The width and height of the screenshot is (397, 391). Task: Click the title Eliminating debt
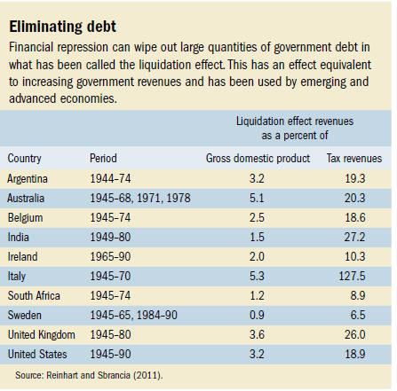(63, 27)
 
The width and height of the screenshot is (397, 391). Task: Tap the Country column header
(24, 159)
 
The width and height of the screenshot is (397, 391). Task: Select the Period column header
(103, 158)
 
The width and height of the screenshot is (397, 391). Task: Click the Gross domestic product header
(258, 159)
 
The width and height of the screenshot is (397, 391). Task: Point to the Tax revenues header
(354, 159)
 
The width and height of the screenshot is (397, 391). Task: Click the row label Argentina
(28, 179)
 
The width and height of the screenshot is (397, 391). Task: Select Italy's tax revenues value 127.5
(353, 276)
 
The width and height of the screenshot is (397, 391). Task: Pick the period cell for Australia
(140, 198)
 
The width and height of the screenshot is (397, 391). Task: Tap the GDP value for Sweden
(257, 315)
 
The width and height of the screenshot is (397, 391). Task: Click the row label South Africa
(34, 295)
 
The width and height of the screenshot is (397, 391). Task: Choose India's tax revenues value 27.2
(354, 237)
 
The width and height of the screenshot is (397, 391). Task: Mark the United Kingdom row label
(42, 335)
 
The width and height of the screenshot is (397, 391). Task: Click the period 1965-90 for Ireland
(110, 256)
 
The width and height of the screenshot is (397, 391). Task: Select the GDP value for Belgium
(257, 217)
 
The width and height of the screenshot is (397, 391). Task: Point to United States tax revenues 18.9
(355, 354)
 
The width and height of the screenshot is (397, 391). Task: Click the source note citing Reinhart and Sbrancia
(89, 375)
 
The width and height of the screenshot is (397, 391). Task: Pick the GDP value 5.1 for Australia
(257, 198)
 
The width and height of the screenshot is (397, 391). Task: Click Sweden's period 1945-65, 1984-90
(134, 315)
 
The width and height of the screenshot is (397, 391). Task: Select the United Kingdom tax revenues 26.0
(355, 334)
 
